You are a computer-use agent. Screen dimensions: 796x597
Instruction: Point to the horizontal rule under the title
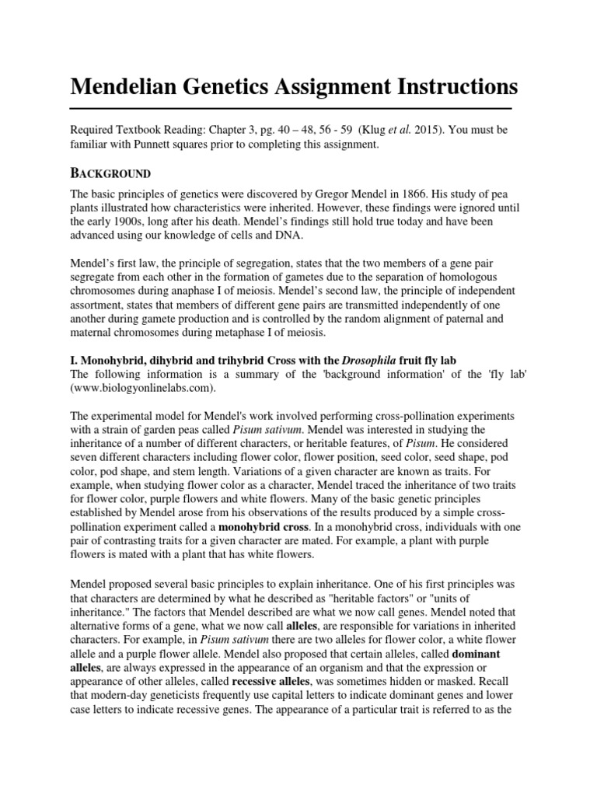pos(291,107)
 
